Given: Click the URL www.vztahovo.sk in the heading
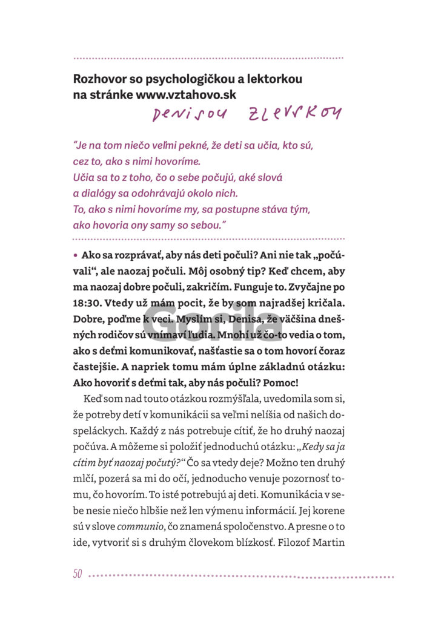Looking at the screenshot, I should click(x=186, y=94).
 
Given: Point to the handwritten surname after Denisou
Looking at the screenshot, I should click(x=295, y=113).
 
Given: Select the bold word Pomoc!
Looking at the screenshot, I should click(x=281, y=382).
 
